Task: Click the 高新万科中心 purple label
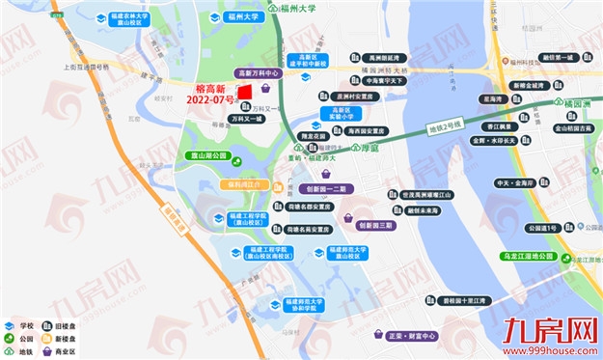pyautogui.click(x=259, y=72)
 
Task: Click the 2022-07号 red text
pyautogui.click(x=210, y=99)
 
